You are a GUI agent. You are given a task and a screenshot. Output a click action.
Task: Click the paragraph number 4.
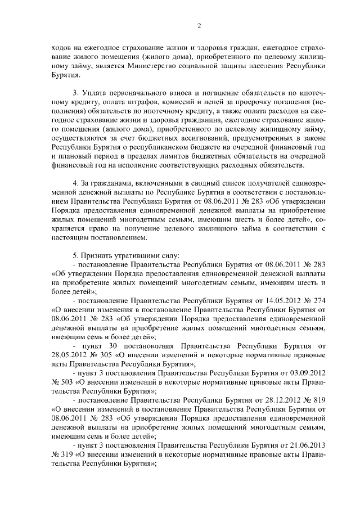(x=76, y=186)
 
